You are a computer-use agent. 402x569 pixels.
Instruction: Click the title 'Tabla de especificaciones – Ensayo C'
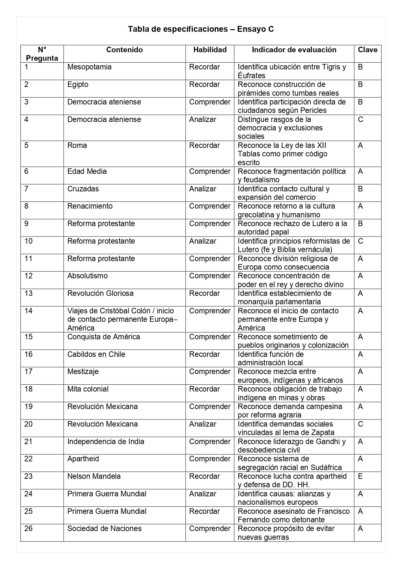click(201, 29)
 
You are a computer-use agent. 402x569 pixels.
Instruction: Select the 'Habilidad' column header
click(210, 50)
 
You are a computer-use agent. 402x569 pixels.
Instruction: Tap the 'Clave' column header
click(367, 50)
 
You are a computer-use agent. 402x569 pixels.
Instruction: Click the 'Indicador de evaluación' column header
click(294, 50)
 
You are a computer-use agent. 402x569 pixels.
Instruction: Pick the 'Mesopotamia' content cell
click(89, 67)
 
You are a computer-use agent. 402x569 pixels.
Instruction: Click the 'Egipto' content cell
click(78, 85)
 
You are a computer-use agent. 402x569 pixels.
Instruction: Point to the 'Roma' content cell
click(77, 145)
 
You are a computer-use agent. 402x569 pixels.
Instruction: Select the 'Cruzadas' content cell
click(83, 189)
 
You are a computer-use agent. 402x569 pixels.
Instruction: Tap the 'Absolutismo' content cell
click(87, 276)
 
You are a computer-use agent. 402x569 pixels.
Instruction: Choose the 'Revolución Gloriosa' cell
click(100, 293)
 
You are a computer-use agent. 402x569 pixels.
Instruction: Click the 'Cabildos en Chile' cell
click(96, 354)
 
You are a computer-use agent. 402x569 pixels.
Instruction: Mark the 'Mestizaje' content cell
click(83, 371)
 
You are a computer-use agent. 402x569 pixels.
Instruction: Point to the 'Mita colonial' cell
click(88, 389)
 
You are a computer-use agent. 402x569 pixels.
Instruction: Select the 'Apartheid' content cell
click(83, 459)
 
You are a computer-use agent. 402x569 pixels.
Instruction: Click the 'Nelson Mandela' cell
click(94, 476)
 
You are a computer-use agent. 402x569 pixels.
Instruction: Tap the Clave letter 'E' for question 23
click(360, 476)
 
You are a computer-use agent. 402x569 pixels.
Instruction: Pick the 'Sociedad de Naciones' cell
click(104, 528)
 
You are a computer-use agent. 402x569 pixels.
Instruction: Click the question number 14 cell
click(29, 311)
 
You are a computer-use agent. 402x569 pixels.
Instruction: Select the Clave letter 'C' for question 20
click(361, 424)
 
